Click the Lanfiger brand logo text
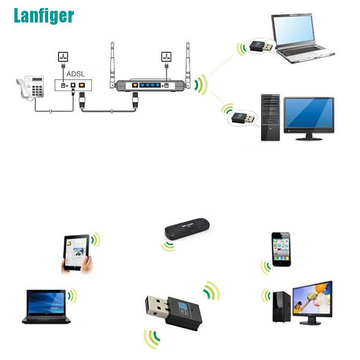pos(43,16)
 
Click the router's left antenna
pos(112,63)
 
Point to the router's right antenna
pos(188,63)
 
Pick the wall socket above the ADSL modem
pos(63,57)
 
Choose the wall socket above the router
pos(166,57)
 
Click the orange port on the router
pos(134,85)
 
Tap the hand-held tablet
pos(76,253)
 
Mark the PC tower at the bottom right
pos(281,306)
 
